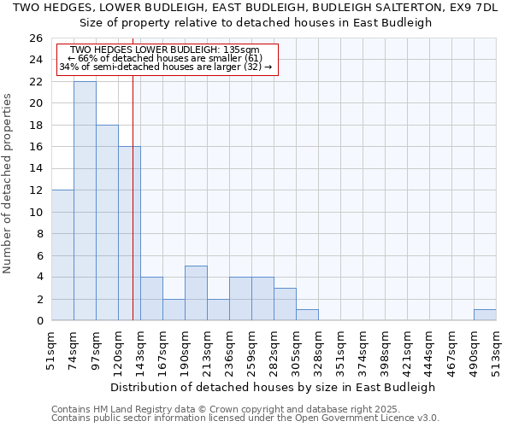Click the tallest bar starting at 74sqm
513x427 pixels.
(x=85, y=201)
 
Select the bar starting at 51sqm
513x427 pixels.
(x=62, y=255)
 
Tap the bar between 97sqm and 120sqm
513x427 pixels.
(x=107, y=223)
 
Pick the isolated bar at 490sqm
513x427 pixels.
(x=485, y=315)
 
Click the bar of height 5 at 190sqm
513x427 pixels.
(x=196, y=293)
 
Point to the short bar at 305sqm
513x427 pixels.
(x=307, y=315)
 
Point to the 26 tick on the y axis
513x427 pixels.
(x=36, y=38)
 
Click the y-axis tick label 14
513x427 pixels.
(x=36, y=169)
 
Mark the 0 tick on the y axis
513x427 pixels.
(x=39, y=321)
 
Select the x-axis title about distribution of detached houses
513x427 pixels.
(x=274, y=387)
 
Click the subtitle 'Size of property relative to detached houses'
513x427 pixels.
(x=256, y=22)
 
